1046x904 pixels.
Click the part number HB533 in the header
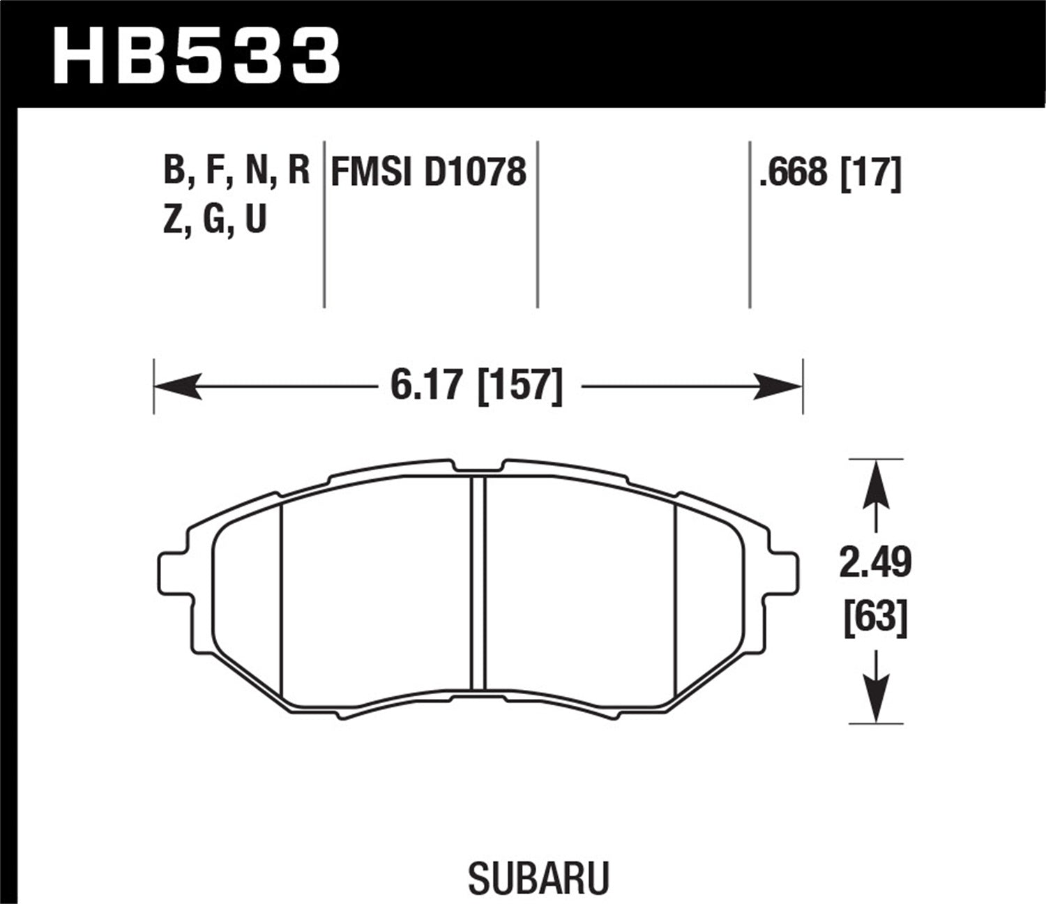[x=196, y=56]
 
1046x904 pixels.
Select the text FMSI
[x=372, y=172]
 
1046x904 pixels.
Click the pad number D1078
[x=474, y=172]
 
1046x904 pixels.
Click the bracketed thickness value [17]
[x=872, y=172]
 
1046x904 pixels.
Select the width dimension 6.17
[x=427, y=385]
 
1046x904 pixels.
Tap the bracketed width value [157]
[x=520, y=385]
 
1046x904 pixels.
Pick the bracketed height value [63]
[x=875, y=617]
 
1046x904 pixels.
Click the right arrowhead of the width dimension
[x=780, y=386]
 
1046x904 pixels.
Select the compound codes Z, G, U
[x=215, y=220]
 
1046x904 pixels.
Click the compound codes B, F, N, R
[x=236, y=172]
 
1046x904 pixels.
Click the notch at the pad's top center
[x=476, y=466]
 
